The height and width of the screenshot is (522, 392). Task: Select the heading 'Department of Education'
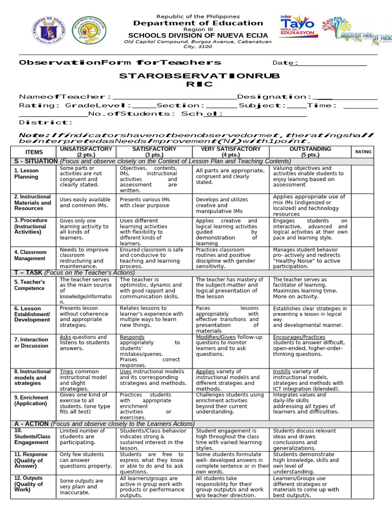pos(198,23)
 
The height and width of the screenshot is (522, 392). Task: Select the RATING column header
pos(363,152)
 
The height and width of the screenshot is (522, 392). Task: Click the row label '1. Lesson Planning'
pos(26,174)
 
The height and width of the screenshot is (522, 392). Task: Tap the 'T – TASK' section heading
pos(28,273)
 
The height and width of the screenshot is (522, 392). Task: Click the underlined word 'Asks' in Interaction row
pos(65,337)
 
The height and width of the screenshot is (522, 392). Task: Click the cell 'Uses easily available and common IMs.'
pos(85,202)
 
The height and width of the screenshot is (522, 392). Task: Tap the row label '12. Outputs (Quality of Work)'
pos(29,484)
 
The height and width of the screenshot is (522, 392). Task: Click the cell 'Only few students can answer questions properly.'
pos(85,460)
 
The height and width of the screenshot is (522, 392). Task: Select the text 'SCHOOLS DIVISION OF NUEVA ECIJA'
pos(198,37)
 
